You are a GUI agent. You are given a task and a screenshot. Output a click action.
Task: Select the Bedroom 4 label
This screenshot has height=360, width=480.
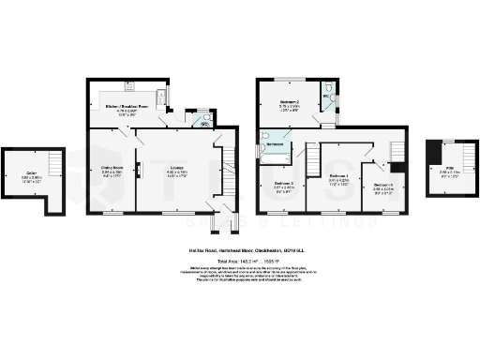382,186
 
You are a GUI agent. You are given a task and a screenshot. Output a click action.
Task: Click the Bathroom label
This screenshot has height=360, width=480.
275,145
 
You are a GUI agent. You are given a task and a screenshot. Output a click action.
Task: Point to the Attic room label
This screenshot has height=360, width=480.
440,172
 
